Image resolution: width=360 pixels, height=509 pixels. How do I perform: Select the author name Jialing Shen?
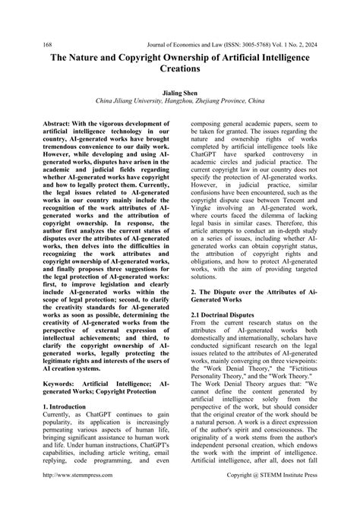click(x=180, y=90)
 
